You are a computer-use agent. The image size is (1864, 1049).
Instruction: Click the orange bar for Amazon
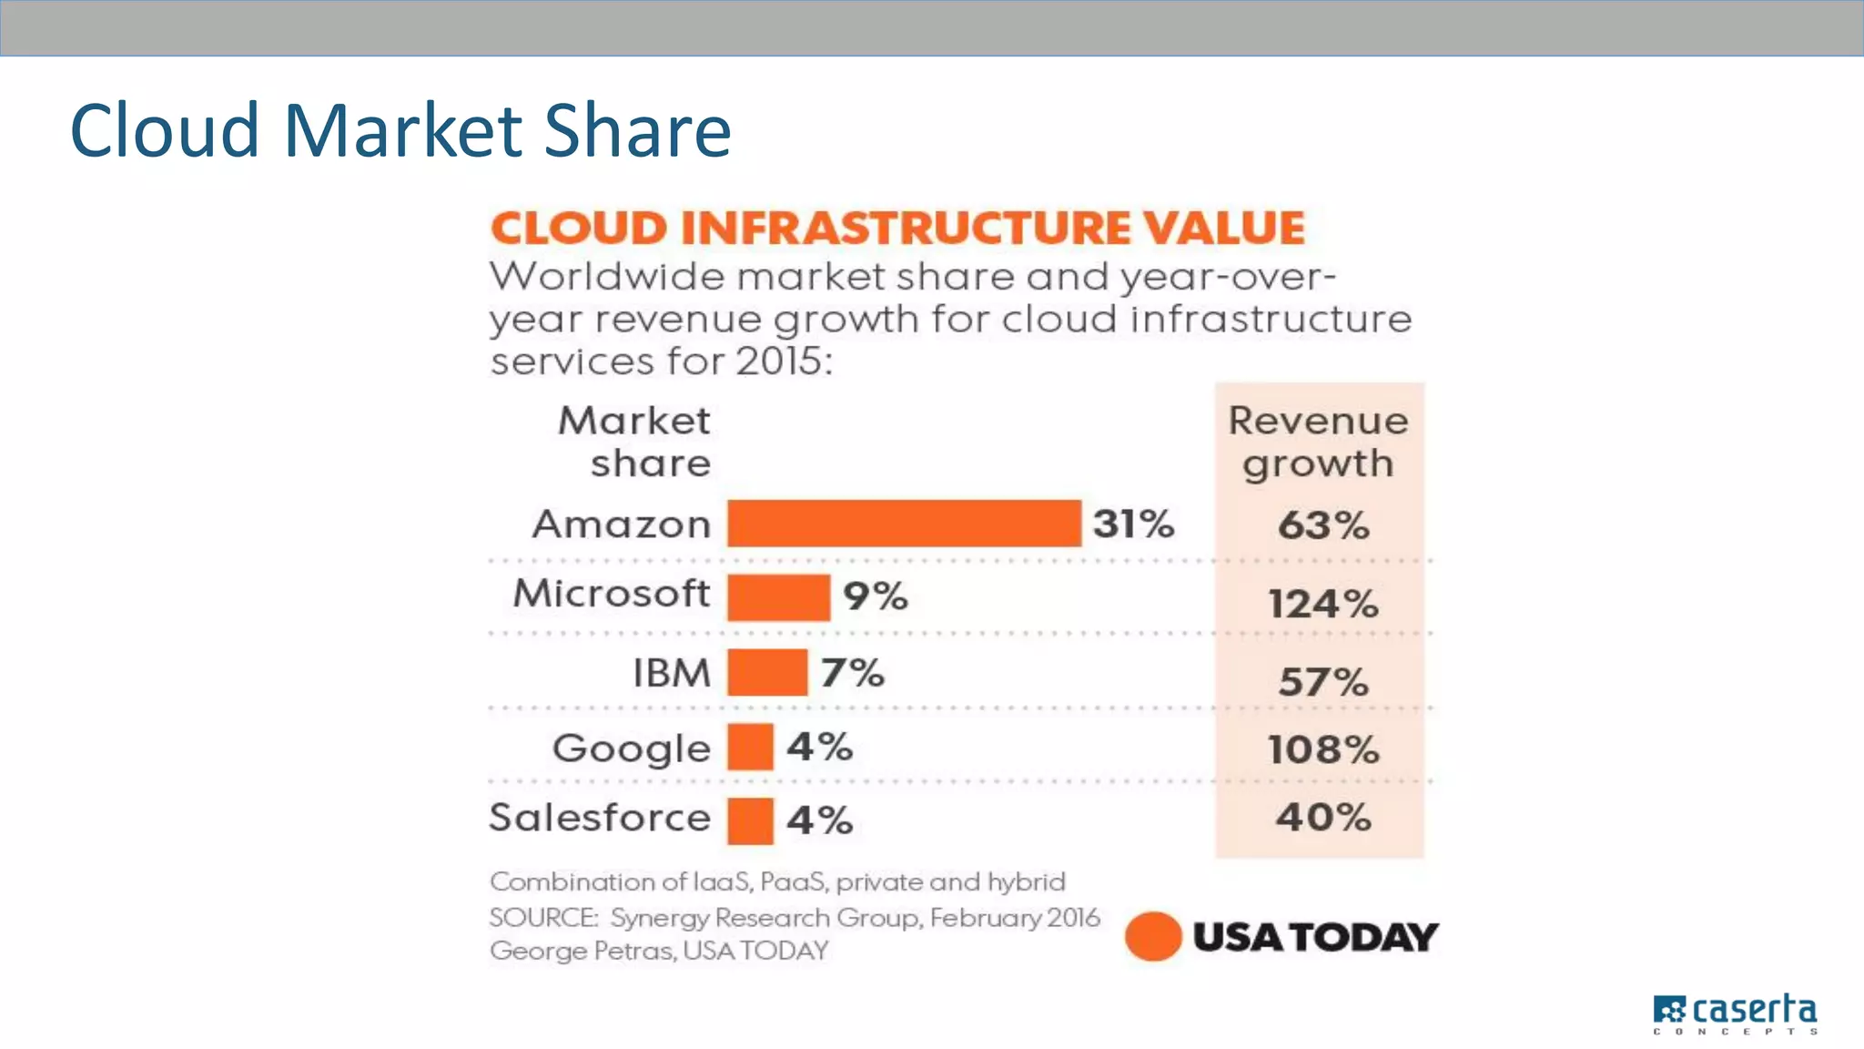904,524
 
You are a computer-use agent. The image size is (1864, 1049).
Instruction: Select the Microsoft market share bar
778,597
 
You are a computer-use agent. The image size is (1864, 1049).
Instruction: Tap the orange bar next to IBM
767,673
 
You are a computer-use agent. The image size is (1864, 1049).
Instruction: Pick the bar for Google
750,747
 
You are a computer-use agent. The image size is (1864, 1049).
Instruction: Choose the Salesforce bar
750,820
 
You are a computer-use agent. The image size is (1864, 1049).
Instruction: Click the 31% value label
1133,524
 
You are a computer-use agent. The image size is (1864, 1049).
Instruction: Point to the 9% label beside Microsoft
875,596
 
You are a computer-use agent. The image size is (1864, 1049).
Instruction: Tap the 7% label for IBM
852,673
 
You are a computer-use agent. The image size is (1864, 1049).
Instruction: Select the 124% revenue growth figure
1322,604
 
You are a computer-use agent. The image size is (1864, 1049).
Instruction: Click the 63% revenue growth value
1322,525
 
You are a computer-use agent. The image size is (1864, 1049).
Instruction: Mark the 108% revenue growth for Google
1322,749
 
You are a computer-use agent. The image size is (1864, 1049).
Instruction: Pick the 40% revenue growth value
1322,817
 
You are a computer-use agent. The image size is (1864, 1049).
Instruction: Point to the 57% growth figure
1322,681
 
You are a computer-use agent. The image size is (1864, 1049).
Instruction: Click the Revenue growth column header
1318,442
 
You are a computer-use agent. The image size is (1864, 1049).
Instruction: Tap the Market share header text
635,442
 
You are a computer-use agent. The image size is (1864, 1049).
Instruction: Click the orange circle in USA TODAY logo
1152,936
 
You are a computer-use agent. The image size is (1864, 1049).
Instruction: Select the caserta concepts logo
1735,1013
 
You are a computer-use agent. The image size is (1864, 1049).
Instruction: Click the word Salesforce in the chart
600,817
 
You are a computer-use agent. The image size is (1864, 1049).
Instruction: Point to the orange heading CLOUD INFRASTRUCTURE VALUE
897,228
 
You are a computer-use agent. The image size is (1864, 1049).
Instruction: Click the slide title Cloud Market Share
400,130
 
